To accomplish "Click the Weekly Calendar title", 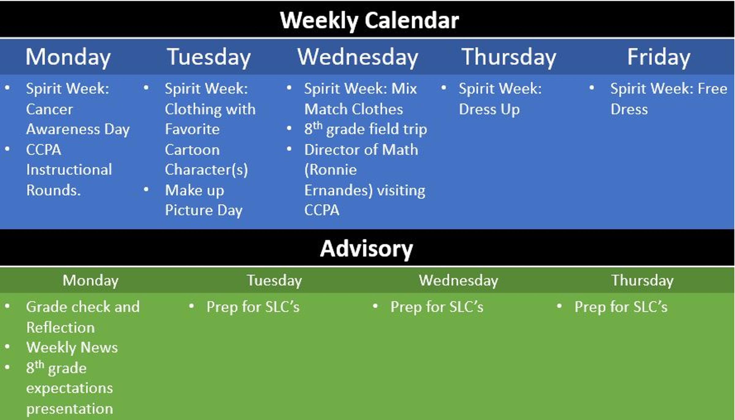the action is coord(369,21).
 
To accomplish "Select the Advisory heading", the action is coord(367,249).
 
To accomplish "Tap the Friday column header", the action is coord(659,57).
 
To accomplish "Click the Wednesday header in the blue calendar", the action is coord(358,57).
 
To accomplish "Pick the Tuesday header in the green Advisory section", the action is coord(274,281).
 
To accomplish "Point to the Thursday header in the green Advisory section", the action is coord(643,281).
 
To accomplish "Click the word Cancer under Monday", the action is coord(50,109).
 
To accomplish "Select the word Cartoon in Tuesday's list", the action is coord(192,150).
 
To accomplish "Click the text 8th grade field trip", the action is coord(366,129).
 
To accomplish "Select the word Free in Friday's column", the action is coord(712,89).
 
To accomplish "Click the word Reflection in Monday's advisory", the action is coord(61,328).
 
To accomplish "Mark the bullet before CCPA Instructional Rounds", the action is coord(7,149).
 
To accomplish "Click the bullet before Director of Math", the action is coord(289,149).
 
